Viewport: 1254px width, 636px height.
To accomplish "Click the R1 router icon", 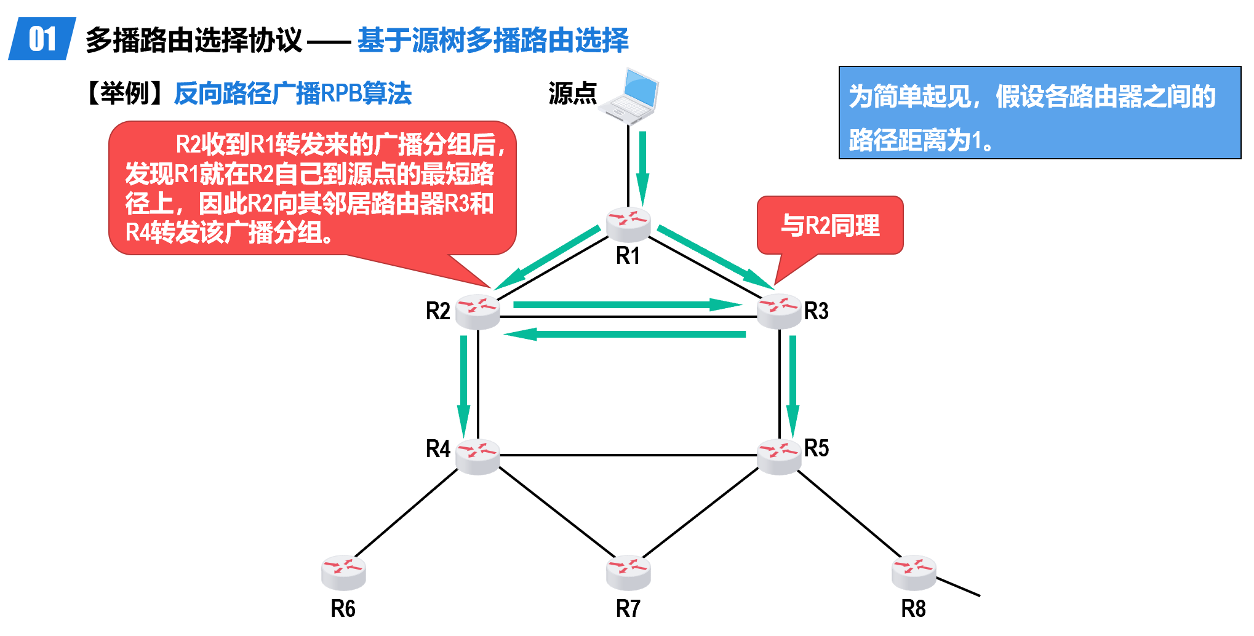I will click(x=628, y=224).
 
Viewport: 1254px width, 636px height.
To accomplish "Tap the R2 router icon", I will click(x=477, y=311).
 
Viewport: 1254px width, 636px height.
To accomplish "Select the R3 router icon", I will click(x=778, y=311).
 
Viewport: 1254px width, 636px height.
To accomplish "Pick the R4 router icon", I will click(x=477, y=456).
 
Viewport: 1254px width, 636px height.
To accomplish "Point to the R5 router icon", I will click(x=778, y=456).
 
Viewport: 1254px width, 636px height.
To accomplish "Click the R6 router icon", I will click(x=343, y=572).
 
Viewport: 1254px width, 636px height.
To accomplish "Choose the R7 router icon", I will click(x=628, y=572).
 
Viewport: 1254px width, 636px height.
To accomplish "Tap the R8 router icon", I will click(x=913, y=572).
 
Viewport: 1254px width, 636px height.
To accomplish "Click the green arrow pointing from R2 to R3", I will click(x=625, y=304).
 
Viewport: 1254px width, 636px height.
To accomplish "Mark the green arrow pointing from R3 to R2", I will click(x=625, y=334).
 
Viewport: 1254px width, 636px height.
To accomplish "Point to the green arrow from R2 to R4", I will click(x=463, y=384).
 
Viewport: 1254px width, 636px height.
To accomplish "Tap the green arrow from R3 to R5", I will click(x=793, y=384).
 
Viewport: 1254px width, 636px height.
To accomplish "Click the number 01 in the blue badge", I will click(x=42, y=39).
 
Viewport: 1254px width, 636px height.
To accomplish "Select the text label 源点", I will click(x=572, y=94).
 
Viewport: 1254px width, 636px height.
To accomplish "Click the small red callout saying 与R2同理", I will click(x=829, y=226).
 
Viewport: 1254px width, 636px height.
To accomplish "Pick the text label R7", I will click(x=628, y=609).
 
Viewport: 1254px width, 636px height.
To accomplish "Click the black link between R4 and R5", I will click(x=628, y=455).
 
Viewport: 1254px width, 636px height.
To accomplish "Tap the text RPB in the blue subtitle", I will click(x=340, y=94).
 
